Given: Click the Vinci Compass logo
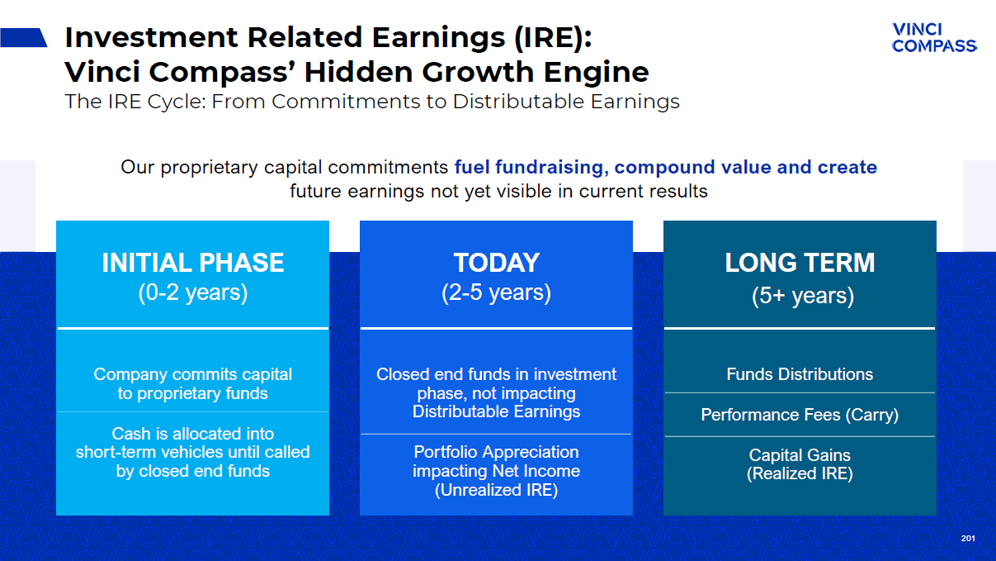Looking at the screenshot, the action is [934, 38].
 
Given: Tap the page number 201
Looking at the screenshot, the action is [968, 539].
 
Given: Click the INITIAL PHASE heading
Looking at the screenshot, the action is [193, 262].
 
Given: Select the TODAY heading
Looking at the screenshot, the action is [496, 262].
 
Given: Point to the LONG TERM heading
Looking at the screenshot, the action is [800, 262].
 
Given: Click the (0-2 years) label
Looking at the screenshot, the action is [193, 292].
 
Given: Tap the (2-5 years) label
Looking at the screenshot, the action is [496, 292].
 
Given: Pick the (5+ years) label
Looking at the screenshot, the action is [803, 296].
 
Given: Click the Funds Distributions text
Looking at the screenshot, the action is [800, 374].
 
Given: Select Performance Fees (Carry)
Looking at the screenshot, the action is [800, 415].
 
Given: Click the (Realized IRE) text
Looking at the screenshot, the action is [800, 473].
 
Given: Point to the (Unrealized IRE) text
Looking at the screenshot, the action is [496, 490].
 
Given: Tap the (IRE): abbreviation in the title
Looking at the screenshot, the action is [553, 37].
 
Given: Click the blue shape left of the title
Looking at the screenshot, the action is [24, 37].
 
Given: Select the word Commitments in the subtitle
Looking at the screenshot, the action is [345, 102].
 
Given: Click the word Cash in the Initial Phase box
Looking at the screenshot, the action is [130, 434].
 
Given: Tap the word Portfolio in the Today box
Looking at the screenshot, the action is [446, 452].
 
